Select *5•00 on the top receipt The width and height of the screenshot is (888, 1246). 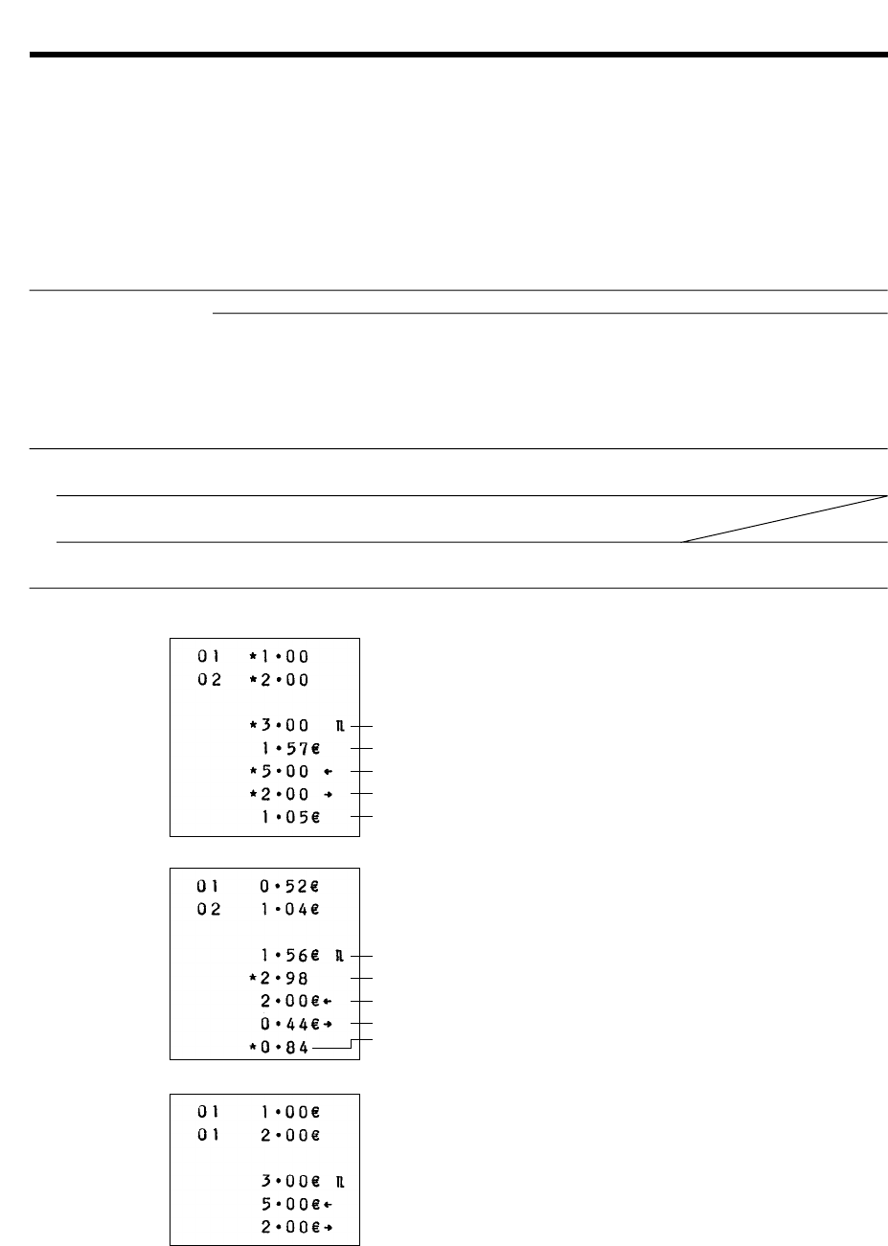click(x=279, y=771)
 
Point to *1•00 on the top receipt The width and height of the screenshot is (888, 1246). click(x=279, y=657)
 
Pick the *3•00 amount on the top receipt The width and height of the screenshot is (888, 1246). click(x=279, y=726)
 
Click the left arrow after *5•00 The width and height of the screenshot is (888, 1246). click(x=329, y=771)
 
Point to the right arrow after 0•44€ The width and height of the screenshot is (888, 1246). click(x=329, y=1025)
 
